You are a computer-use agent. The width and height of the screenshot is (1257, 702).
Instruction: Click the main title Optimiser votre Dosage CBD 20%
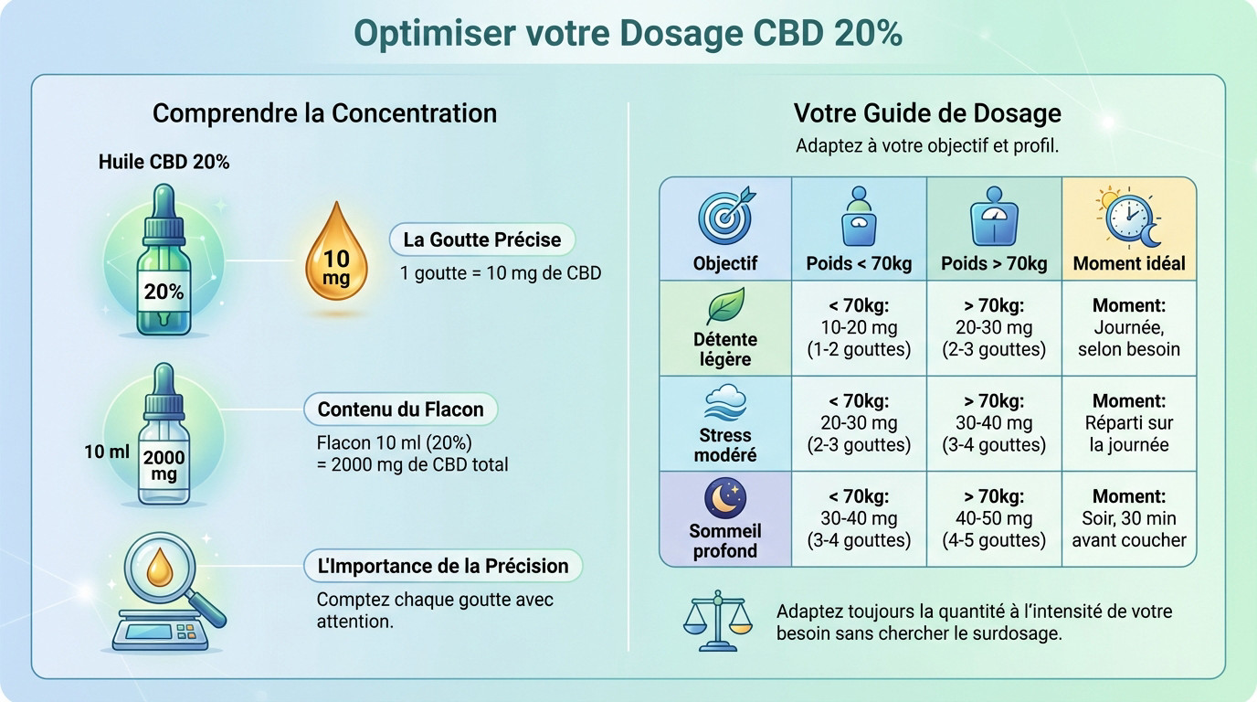[628, 33]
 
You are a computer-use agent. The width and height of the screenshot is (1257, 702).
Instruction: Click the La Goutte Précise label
[482, 240]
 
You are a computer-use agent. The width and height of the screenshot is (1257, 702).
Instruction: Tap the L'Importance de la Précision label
[442, 566]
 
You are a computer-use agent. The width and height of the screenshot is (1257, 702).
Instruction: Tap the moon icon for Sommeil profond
[724, 498]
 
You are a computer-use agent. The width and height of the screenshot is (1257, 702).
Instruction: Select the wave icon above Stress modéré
[724, 402]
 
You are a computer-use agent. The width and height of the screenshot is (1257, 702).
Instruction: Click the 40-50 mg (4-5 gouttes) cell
[994, 518]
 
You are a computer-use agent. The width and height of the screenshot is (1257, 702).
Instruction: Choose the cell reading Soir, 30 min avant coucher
[1128, 518]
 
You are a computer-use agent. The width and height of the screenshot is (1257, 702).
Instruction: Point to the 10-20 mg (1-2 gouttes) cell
[859, 328]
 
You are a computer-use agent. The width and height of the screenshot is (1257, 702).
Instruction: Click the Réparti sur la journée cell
[1128, 423]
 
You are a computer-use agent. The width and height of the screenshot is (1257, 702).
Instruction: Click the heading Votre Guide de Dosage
[926, 113]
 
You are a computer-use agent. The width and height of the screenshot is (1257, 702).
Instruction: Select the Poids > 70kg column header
[994, 263]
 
